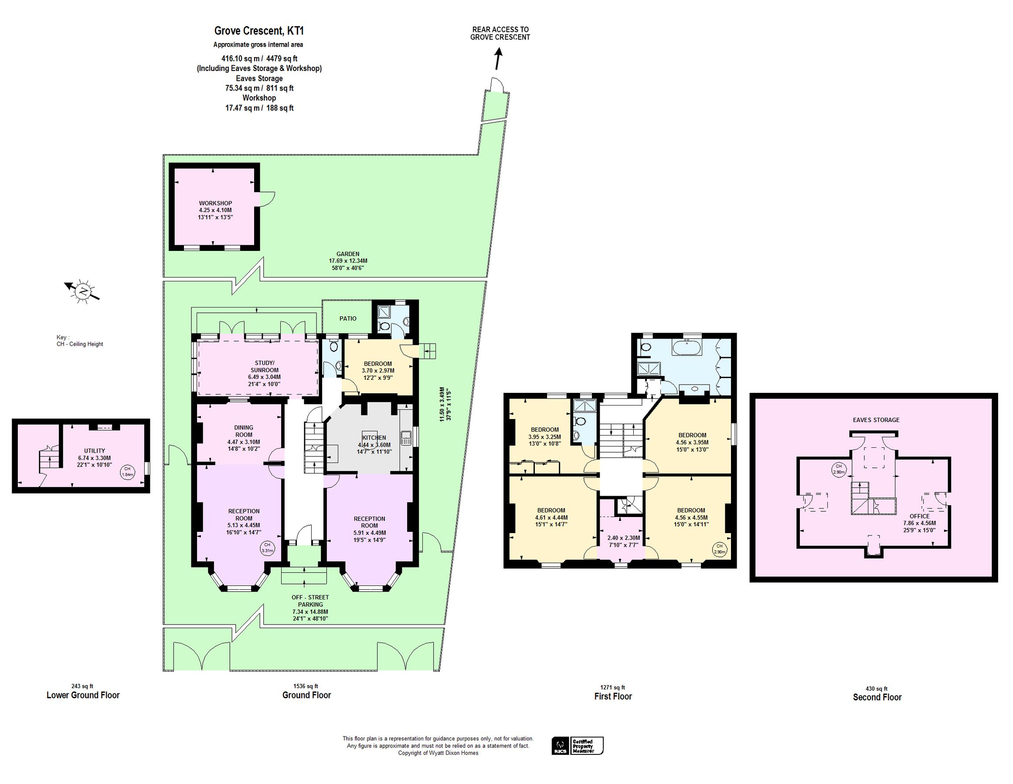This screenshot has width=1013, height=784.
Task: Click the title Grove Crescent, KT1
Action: (259, 31)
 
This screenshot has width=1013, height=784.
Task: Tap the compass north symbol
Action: (82, 291)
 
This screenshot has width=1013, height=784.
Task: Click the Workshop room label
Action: (215, 203)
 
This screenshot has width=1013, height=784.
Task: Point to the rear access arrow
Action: (499, 59)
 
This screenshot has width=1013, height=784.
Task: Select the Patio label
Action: (348, 318)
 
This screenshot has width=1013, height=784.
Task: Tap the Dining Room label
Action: (244, 431)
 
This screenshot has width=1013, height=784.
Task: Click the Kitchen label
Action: (374, 437)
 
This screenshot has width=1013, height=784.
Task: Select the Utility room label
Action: (95, 450)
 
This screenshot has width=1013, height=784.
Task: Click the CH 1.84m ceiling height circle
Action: (128, 472)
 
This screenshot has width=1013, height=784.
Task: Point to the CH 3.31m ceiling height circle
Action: (267, 547)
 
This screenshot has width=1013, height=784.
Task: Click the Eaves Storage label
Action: (876, 420)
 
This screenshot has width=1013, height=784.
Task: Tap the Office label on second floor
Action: (919, 516)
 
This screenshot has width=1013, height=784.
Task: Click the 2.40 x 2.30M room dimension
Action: (623, 538)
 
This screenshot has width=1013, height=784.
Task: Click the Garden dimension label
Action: (348, 261)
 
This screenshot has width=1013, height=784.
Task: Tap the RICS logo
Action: (560, 746)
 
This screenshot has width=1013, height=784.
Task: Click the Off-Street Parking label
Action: (310, 601)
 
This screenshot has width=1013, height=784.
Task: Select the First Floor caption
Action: (613, 696)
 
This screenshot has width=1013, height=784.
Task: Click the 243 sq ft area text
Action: (82, 686)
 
